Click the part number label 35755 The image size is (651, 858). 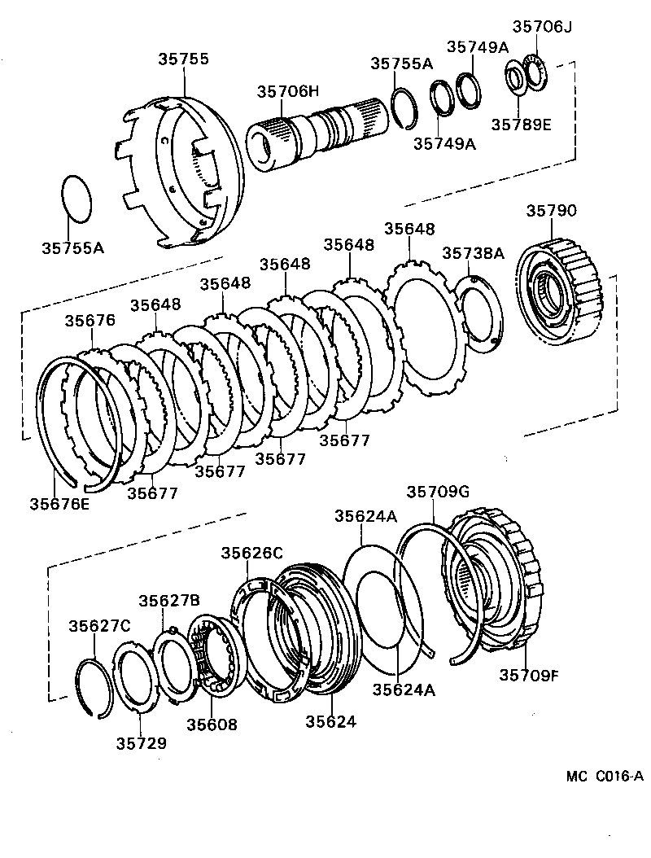(x=183, y=59)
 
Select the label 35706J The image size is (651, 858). (x=543, y=27)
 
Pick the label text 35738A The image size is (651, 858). (x=474, y=253)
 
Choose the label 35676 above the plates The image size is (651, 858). (x=90, y=321)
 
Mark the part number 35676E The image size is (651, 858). (x=60, y=503)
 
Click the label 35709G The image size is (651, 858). (x=439, y=492)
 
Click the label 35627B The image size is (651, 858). (x=168, y=601)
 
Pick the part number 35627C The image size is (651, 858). (x=99, y=626)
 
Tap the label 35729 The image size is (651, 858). (x=141, y=742)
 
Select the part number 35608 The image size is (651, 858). (x=212, y=724)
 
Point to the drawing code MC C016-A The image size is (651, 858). (x=605, y=776)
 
